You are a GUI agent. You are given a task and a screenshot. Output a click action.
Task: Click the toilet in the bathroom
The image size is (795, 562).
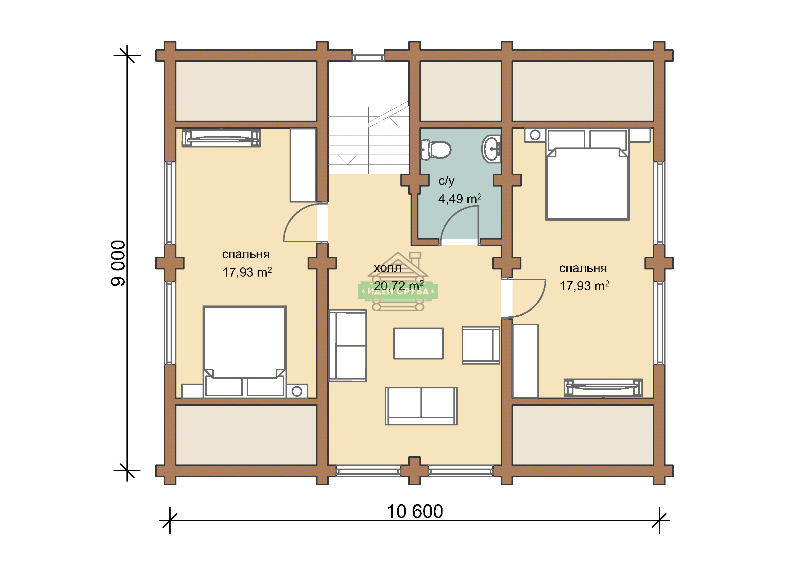coord(436,150)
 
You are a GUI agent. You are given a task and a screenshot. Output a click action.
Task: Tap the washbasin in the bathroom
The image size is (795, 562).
coord(491,149)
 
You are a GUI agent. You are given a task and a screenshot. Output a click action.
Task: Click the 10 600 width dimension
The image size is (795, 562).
coord(414,512)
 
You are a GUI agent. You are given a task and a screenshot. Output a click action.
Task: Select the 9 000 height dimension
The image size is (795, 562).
coord(118,263)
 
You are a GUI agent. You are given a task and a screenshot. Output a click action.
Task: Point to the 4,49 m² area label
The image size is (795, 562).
coord(460,199)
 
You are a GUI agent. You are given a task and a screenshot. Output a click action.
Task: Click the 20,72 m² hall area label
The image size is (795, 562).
coord(399,286)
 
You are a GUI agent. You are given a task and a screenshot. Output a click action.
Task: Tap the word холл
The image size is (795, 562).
coord(387,268)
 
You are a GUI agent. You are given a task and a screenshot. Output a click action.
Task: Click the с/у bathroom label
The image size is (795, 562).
coord(446,181)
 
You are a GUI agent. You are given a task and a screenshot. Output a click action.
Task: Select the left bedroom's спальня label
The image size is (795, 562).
coord(245,254)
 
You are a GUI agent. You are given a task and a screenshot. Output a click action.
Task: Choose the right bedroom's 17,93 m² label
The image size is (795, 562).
coord(585,286)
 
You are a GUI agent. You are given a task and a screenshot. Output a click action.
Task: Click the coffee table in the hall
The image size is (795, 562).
coord(418,344)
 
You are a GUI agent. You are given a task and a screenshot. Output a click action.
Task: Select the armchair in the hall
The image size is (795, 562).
coord(481,345)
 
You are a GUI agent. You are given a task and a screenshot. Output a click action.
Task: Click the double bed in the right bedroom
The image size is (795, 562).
coord(587,175)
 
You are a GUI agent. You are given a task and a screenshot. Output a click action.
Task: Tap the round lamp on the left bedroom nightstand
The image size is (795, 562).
coord(297,391)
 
